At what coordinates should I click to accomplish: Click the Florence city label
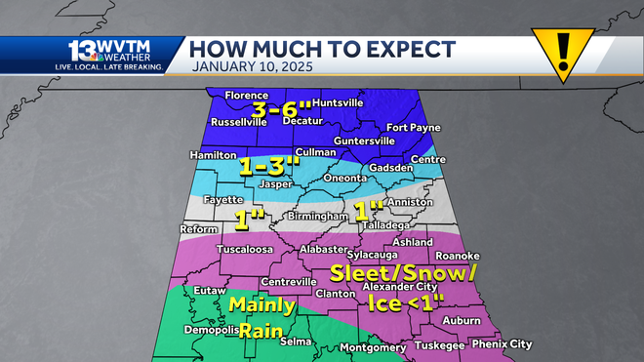pyautogui.click(x=246, y=96)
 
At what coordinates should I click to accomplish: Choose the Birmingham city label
pyautogui.click(x=317, y=216)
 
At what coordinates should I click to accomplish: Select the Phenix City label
pyautogui.click(x=501, y=344)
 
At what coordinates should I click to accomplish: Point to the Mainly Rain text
pyautogui.click(x=262, y=317)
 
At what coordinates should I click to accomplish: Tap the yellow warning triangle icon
pyautogui.click(x=563, y=51)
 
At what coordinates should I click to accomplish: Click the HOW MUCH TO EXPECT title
pyautogui.click(x=322, y=48)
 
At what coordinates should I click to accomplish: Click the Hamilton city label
pyautogui.click(x=214, y=155)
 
